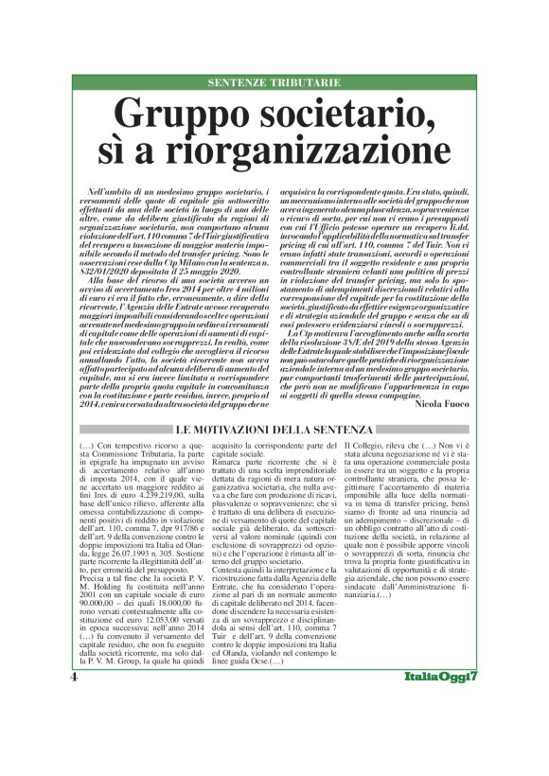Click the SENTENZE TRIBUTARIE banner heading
pos(274,83)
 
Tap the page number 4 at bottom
pos(73,732)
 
